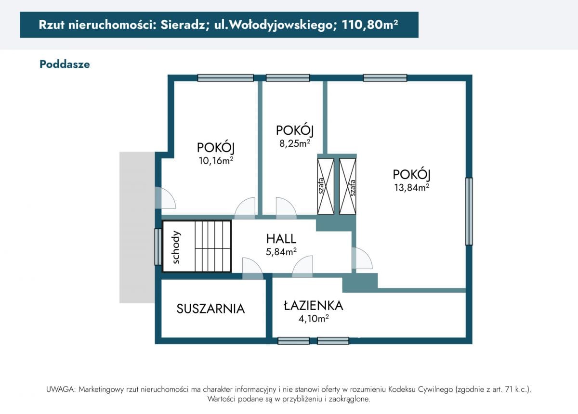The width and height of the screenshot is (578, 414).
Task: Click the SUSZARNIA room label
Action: tap(210, 309)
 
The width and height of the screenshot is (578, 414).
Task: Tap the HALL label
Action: tap(281, 238)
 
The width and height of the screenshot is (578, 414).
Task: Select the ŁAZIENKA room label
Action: tap(313, 305)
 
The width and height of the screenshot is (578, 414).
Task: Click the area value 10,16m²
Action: tap(216, 161)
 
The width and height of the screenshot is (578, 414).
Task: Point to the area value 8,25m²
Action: tap(294, 143)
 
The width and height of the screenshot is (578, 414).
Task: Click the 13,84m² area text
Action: tap(411, 188)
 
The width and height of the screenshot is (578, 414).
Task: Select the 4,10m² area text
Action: tap(314, 318)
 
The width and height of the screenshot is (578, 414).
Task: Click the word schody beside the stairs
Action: tap(176, 247)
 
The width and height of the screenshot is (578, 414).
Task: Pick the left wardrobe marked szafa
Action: tap(325, 186)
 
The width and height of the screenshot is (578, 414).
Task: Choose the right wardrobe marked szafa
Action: tap(348, 186)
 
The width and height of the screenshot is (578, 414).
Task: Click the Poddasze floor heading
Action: tap(65, 64)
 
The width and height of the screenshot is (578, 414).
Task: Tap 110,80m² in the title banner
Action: tap(369, 25)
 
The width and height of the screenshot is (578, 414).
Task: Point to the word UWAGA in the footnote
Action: tap(61, 389)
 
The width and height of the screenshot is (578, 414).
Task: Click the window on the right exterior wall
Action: tap(469, 211)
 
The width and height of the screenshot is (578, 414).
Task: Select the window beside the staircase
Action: tap(158, 246)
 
